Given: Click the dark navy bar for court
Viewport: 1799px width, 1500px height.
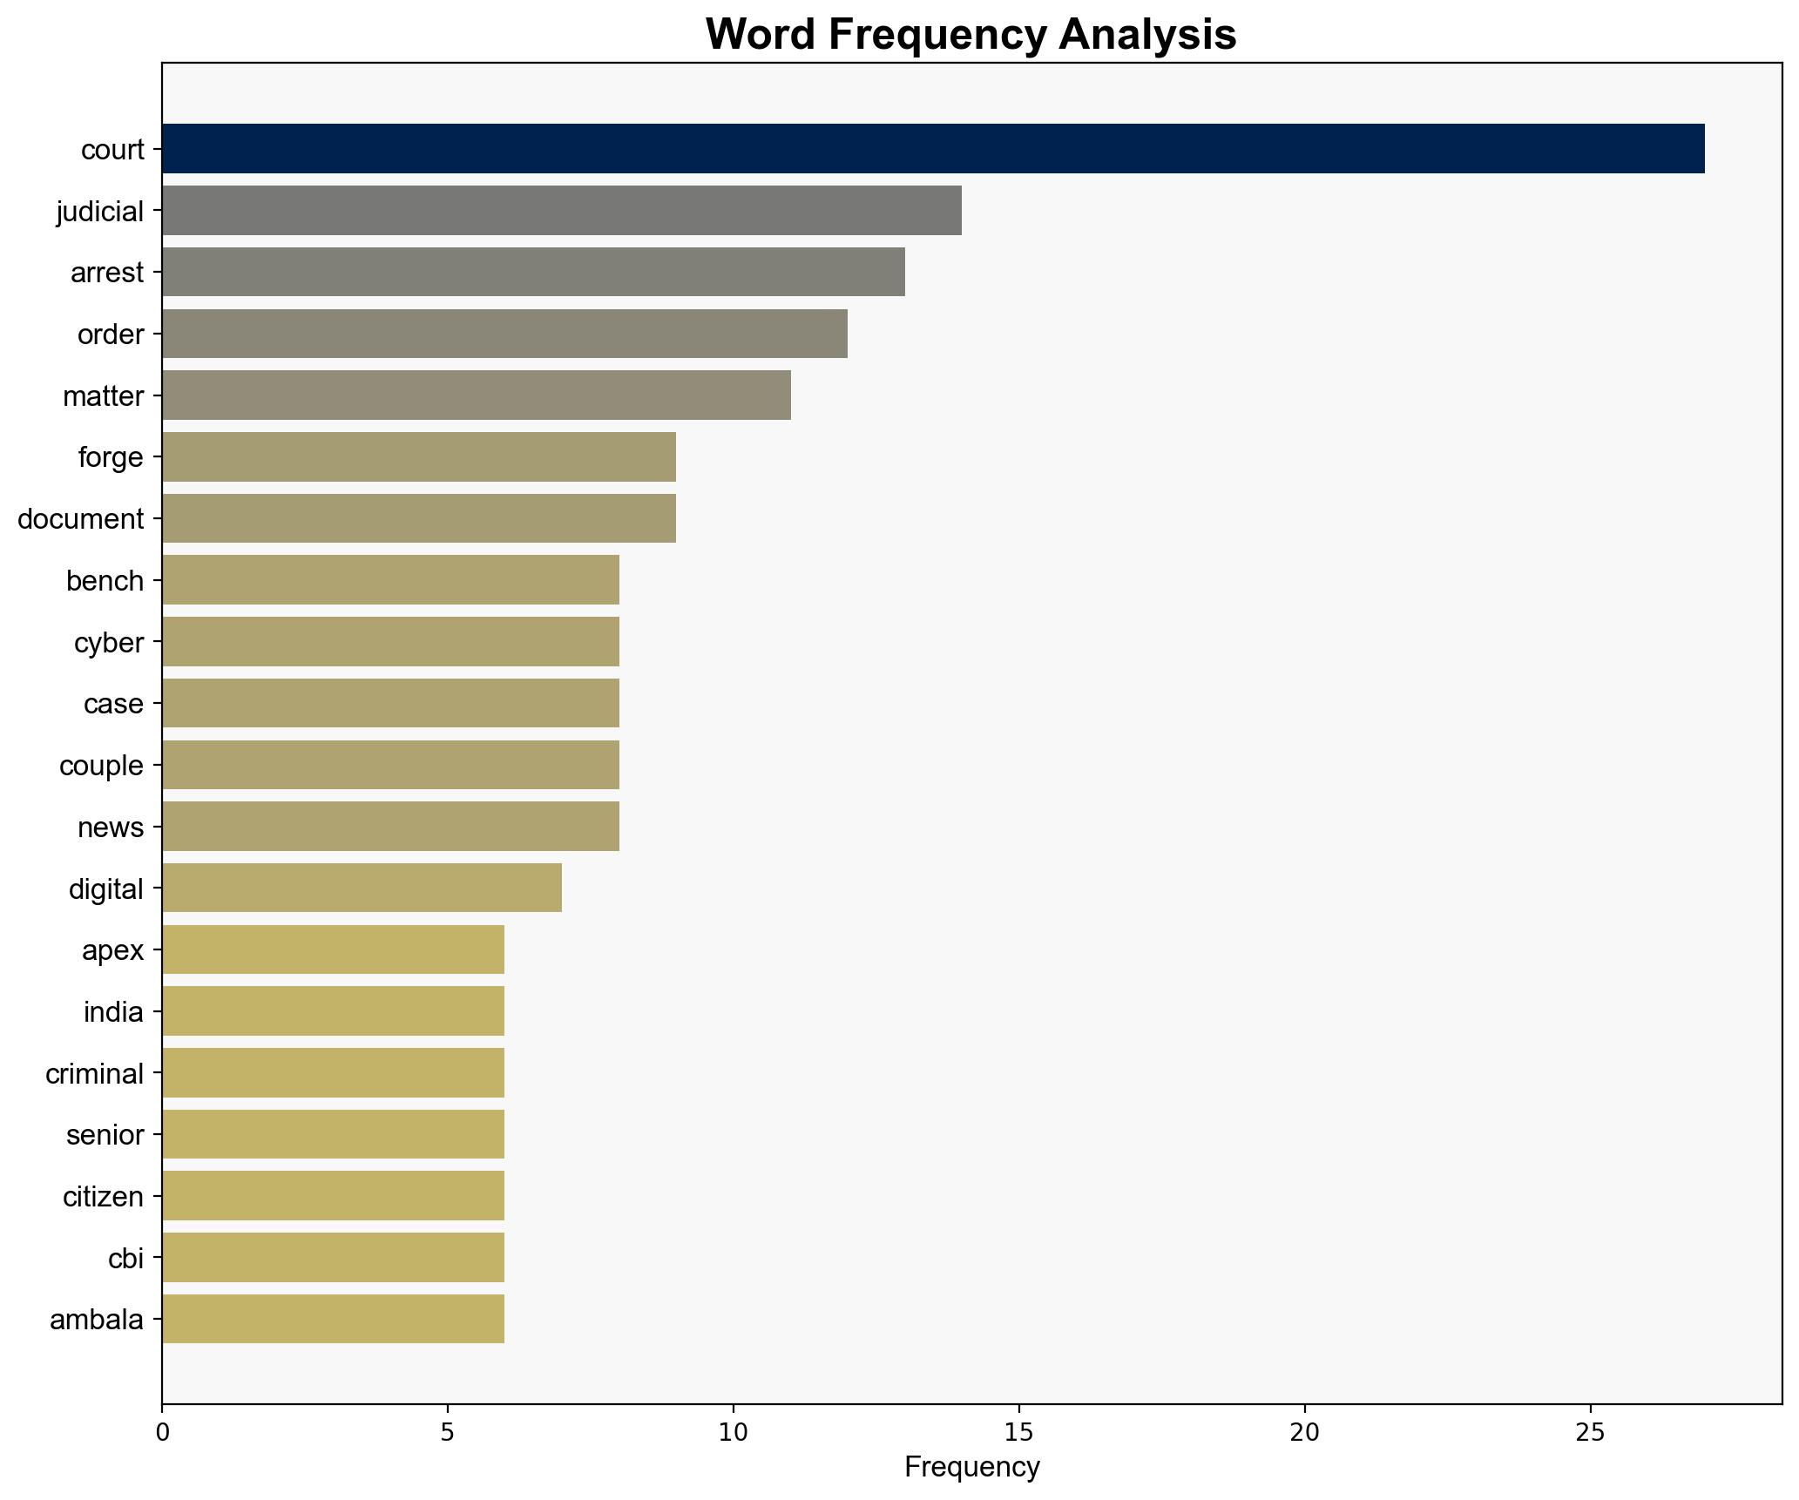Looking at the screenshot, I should click(x=932, y=149).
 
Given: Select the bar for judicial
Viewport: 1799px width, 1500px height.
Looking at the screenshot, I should click(x=561, y=211).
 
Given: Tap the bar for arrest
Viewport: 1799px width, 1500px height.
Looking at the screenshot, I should click(x=533, y=273).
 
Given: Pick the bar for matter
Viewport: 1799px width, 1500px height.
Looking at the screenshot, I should click(x=476, y=395).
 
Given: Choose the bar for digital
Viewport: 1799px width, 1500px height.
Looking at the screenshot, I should click(x=362, y=888).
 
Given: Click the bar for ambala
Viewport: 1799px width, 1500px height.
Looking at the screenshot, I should click(x=333, y=1319).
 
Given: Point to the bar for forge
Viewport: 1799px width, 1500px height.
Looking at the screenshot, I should click(x=418, y=457).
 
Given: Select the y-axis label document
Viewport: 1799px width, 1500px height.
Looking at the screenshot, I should click(x=80, y=519).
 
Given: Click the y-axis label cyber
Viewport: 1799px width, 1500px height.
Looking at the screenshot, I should click(x=108, y=643).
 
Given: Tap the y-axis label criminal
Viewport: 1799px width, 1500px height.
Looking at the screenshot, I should click(x=94, y=1074).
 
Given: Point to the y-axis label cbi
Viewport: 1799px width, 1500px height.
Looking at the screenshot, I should click(x=125, y=1259).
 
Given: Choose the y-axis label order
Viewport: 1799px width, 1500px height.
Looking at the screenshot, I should click(x=110, y=334).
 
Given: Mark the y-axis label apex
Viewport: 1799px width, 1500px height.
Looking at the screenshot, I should click(x=112, y=950).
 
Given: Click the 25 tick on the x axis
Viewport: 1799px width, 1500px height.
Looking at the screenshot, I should click(x=1591, y=1432).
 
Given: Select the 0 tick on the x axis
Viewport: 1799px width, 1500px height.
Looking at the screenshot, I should click(x=162, y=1432).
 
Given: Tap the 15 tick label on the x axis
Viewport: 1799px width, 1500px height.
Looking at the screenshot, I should click(x=1018, y=1432).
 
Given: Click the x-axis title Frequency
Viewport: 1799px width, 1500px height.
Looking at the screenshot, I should click(x=971, y=1467).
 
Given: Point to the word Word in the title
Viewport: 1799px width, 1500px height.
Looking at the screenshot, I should click(x=761, y=35).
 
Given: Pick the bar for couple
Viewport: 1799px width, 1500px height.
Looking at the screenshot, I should click(x=390, y=765).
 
